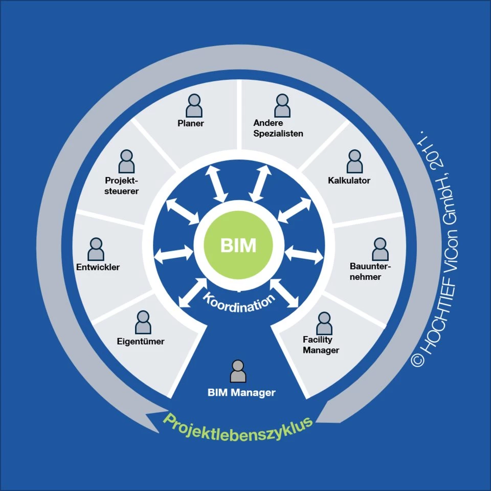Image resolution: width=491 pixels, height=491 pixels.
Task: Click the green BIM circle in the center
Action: (238, 245)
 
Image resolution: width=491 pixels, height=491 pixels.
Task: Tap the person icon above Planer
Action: (194, 106)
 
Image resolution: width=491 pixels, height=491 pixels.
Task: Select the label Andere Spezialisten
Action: (278, 128)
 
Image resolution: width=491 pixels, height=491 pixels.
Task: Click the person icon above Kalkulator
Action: (354, 162)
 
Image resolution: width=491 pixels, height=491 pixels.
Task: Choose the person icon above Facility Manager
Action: (324, 323)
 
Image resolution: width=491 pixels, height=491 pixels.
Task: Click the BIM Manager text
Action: (241, 393)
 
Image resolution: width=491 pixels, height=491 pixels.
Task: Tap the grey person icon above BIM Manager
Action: (238, 371)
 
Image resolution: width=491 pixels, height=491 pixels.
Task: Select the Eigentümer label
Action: (140, 341)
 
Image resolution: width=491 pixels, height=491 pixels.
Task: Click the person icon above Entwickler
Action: (96, 249)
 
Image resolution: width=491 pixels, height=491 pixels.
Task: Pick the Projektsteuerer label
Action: (122, 186)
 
